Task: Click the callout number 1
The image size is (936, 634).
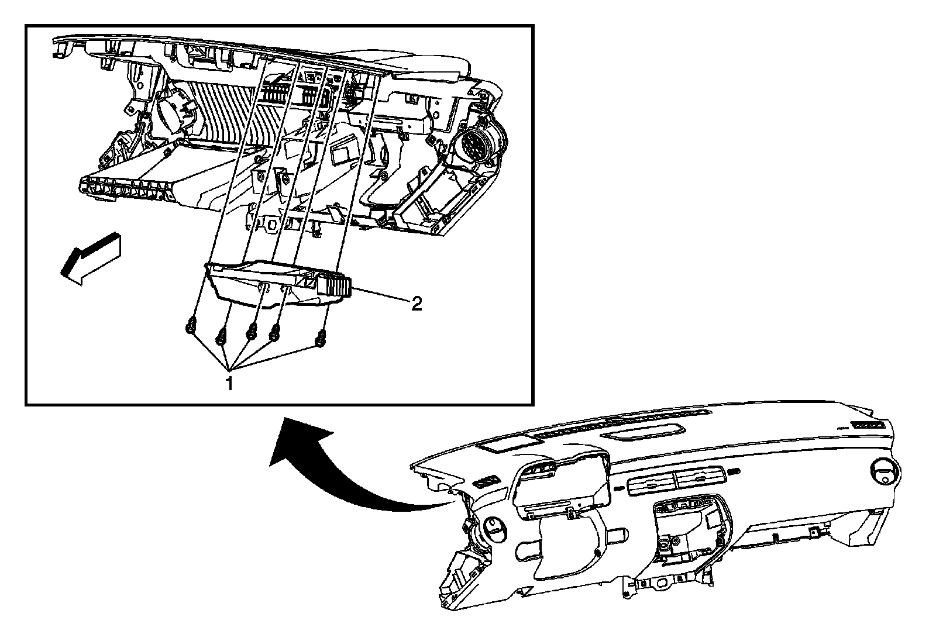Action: click(230, 384)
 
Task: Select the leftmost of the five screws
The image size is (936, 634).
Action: click(190, 326)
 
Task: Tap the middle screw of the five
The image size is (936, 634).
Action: click(252, 330)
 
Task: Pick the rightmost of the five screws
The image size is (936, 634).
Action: click(321, 337)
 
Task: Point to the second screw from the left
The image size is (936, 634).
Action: click(222, 336)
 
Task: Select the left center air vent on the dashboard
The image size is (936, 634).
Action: click(650, 483)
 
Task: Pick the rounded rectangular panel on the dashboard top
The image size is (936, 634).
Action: click(643, 433)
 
